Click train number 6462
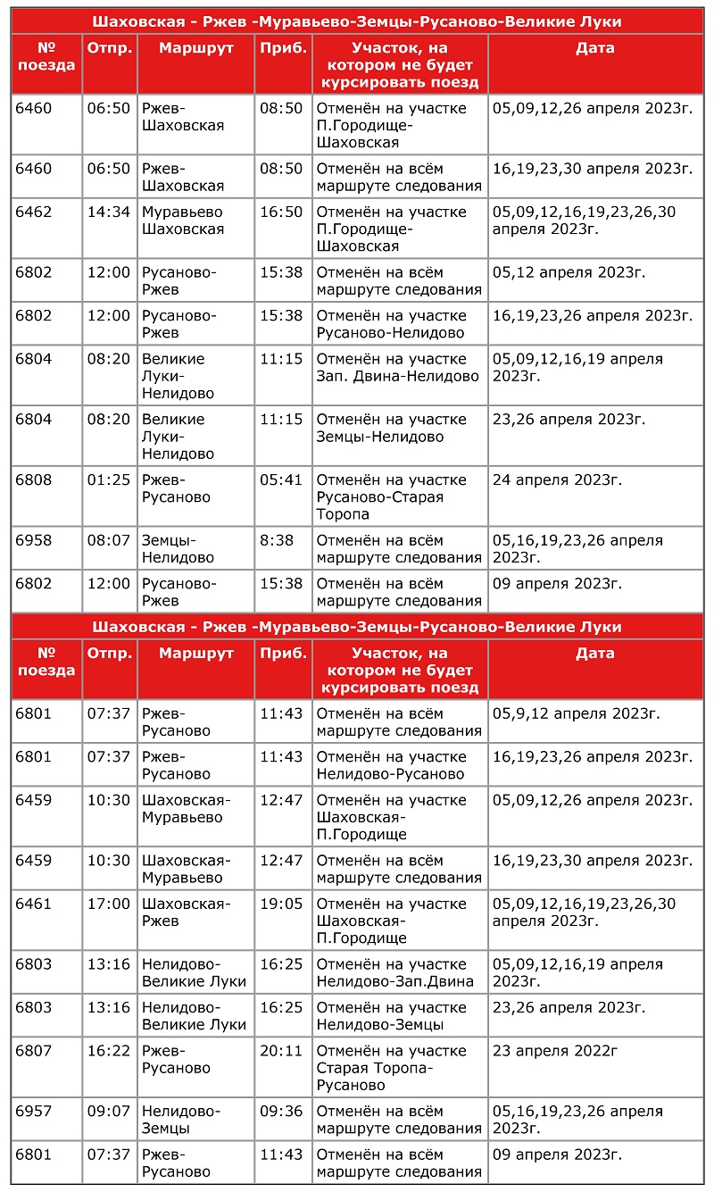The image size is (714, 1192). (34, 213)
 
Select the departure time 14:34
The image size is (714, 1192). (109, 213)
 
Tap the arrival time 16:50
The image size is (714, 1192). (281, 213)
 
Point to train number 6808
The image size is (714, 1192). (34, 480)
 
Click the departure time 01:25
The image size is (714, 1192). (109, 480)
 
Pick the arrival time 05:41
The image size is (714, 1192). (281, 480)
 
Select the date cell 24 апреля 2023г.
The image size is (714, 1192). (558, 480)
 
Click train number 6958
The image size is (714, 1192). (34, 541)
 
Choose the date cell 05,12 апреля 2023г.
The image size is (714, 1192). (569, 273)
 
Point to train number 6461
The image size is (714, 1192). (34, 904)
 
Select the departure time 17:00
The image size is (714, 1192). (109, 904)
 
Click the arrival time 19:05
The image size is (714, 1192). (281, 904)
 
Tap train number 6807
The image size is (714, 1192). (34, 1052)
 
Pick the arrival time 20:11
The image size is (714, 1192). (281, 1052)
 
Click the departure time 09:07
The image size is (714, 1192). (109, 1113)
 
